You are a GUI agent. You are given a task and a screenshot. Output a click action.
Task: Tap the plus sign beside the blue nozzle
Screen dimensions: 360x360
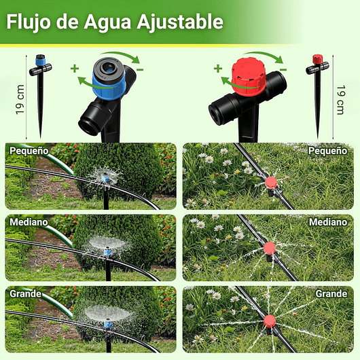click(x=74, y=68)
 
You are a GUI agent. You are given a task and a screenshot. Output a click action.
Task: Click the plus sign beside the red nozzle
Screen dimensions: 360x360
click(x=217, y=68)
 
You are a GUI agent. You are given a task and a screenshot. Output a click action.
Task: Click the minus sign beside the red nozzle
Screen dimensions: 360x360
click(x=283, y=69)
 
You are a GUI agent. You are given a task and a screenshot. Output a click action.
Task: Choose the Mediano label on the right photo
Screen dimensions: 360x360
click(x=328, y=222)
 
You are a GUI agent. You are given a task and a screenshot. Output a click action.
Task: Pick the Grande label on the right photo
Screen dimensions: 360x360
click(x=331, y=294)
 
